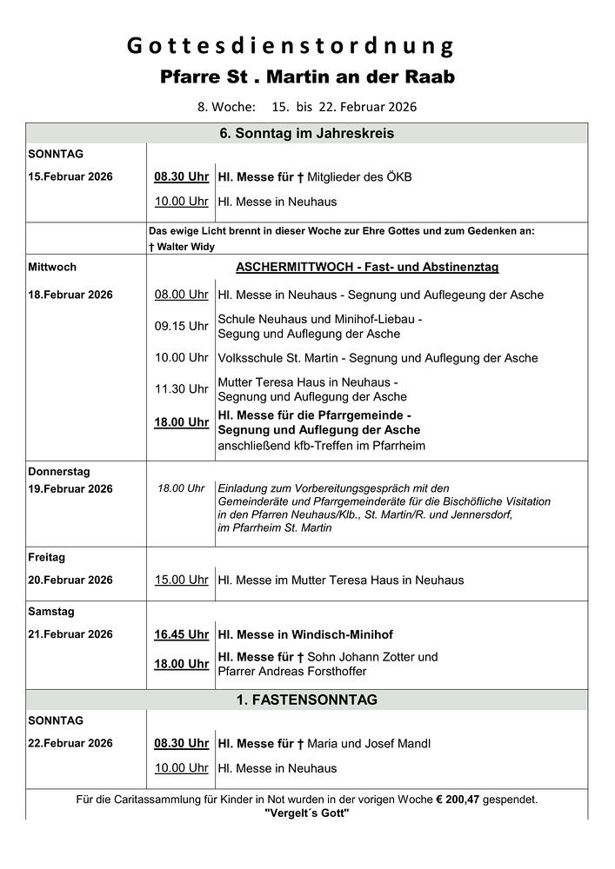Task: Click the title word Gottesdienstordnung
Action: coord(291,46)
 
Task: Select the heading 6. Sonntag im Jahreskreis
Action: coord(307,134)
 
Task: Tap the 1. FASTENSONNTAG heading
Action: coord(307,700)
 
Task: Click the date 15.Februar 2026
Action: coord(70,176)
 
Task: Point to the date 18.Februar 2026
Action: coord(70,295)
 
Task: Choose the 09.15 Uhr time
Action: coord(181,326)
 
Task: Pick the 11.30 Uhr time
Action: coord(181,388)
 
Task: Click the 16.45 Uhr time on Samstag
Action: coord(181,634)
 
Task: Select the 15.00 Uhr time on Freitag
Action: coord(181,580)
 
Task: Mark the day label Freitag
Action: coord(47,557)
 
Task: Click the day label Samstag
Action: coord(51,612)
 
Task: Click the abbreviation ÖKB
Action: coord(398,177)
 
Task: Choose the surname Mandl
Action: coord(412,743)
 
